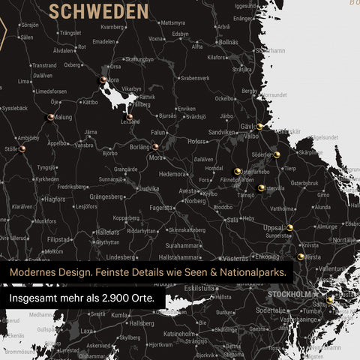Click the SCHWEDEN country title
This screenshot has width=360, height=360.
point(97,10)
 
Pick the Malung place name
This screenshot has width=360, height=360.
point(64,117)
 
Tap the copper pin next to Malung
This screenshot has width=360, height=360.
point(50,116)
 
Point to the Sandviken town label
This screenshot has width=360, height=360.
point(222,131)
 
